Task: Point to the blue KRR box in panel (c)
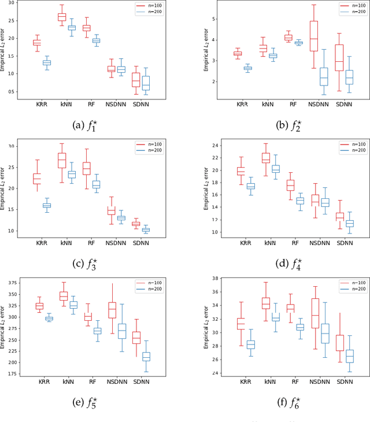click(x=46, y=205)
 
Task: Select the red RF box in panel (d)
click(x=291, y=185)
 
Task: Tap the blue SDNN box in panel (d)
click(x=349, y=223)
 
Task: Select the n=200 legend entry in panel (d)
click(x=339, y=150)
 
